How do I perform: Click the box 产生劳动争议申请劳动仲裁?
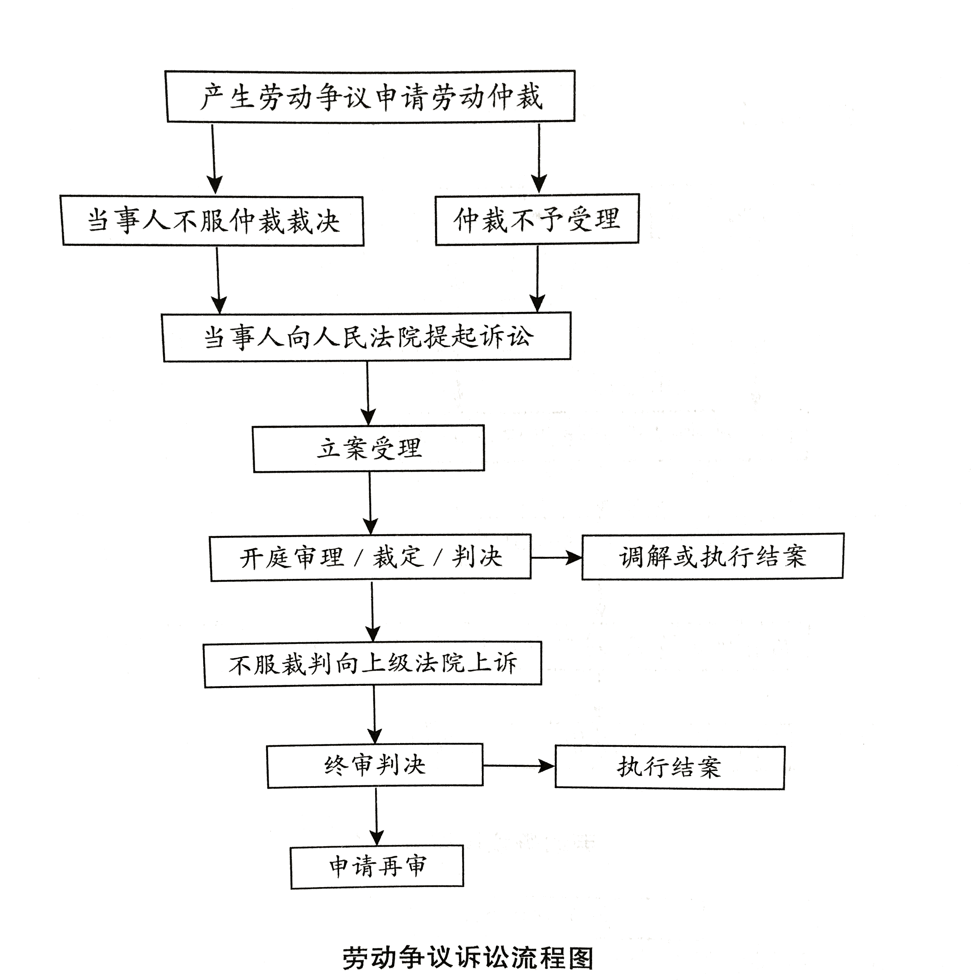coord(370,96)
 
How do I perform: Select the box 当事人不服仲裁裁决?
coord(212,221)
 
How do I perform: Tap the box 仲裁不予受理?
coord(537,219)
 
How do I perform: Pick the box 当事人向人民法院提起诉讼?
coord(367,337)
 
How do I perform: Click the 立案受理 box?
coord(369,448)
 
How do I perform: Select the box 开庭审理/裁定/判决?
coord(371,557)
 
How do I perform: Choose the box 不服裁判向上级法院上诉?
coord(373,665)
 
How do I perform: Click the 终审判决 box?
coord(375,766)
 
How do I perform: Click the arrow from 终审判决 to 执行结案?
coord(519,766)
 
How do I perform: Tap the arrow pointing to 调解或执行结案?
coord(557,558)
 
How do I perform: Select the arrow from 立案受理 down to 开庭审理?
coord(370,503)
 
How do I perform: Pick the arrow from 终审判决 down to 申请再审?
coord(376,817)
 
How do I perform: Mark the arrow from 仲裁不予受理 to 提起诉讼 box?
coord(537,279)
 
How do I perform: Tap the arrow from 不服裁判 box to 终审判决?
coord(374,716)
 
